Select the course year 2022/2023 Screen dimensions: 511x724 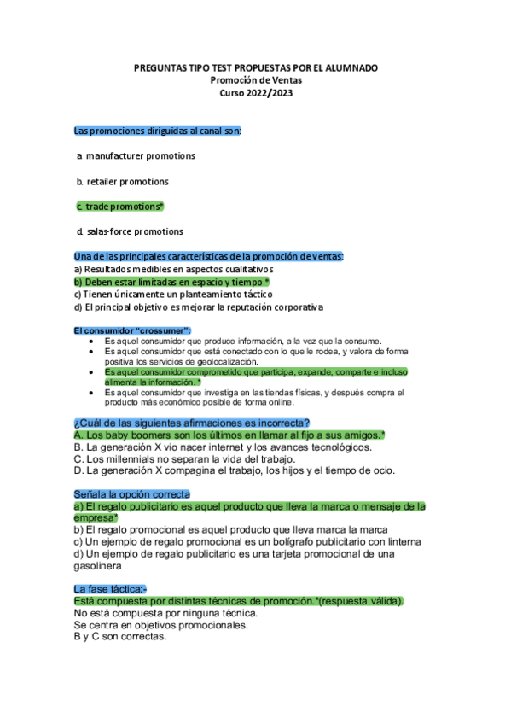tap(256, 92)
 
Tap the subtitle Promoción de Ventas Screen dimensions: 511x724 tap(256, 80)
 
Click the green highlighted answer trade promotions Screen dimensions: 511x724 tap(123, 207)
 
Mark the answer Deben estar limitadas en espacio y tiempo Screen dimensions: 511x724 tap(171, 282)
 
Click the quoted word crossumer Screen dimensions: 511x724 tap(162, 330)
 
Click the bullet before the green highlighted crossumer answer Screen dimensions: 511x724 tap(92, 373)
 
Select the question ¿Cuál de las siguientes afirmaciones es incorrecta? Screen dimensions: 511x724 tap(192, 423)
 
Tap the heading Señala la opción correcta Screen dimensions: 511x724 tap(132, 494)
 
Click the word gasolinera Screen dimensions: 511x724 tap(98, 565)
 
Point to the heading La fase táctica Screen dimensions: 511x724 tap(109, 589)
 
